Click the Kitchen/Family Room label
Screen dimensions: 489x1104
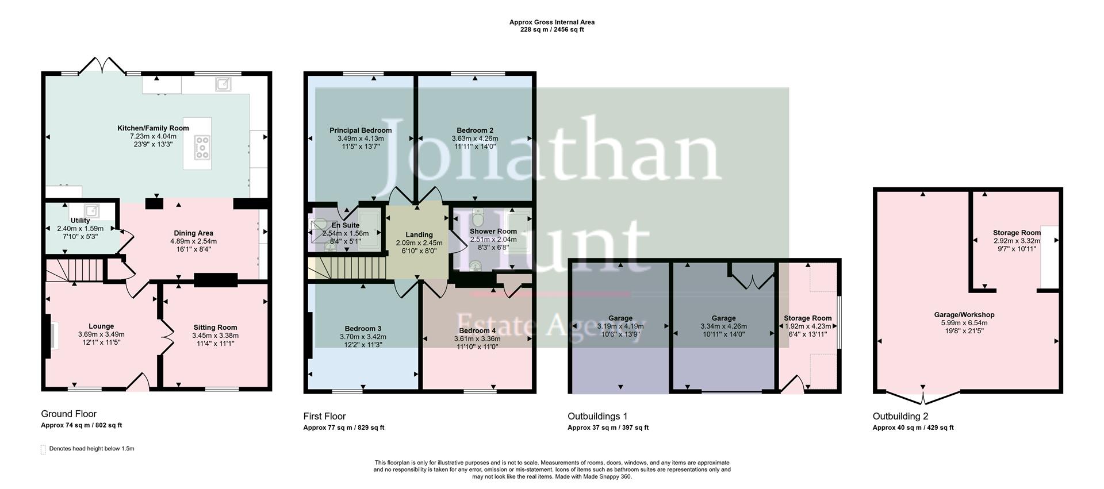tap(153, 128)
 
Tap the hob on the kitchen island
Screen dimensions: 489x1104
tap(202, 147)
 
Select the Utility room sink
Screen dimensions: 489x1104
tap(92, 210)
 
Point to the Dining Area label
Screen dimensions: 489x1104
tap(193, 233)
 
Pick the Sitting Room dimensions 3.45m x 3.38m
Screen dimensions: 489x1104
tap(215, 336)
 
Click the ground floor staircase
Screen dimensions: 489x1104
tap(74, 270)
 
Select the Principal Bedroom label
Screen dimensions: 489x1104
tap(361, 130)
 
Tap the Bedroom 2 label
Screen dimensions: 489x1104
tap(475, 130)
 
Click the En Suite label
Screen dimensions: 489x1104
tap(346, 225)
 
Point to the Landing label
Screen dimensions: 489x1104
tap(419, 234)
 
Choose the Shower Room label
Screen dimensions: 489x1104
tap(493, 232)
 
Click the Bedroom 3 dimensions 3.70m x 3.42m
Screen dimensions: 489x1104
tap(363, 337)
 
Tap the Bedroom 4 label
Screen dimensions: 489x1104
tap(477, 330)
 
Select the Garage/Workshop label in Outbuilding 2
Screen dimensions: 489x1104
tap(964, 315)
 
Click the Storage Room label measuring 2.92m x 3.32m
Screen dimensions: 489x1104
tap(1017, 233)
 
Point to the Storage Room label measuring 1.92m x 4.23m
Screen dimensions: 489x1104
tap(807, 318)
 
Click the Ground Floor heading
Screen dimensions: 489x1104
tap(68, 414)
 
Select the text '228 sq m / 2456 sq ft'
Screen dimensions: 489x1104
tap(551, 29)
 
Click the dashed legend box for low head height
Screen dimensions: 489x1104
tap(43, 449)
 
